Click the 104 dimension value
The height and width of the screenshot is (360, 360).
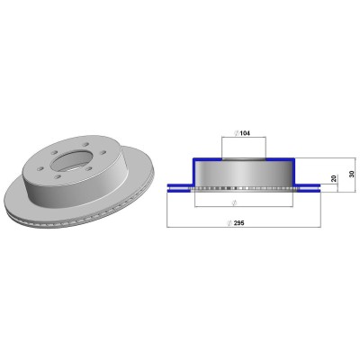[x=245, y=133]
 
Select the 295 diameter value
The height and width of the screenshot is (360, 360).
[x=239, y=223]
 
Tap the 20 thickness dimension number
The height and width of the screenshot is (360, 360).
[x=333, y=179]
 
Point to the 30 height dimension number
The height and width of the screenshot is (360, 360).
[x=352, y=174]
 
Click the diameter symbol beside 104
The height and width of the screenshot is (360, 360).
[x=237, y=133]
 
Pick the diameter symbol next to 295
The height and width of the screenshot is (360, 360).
[x=229, y=223]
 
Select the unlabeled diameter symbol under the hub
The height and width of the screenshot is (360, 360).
[x=235, y=202]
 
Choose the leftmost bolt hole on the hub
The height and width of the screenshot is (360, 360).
[x=41, y=168]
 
